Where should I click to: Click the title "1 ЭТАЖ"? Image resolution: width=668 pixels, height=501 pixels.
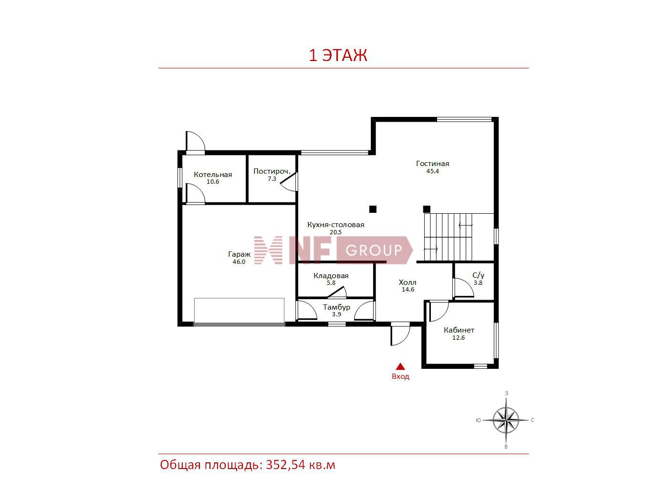[x=338, y=55]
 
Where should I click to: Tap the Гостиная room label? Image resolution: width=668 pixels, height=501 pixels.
[x=432, y=164]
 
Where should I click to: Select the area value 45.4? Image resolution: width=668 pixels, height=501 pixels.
[x=432, y=171]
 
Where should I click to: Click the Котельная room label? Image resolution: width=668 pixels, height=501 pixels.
[x=213, y=175]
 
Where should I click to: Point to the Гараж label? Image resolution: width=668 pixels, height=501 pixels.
[x=239, y=254]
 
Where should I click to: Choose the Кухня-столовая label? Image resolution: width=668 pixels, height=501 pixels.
[x=336, y=225]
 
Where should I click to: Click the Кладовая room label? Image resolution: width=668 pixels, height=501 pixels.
[x=331, y=276]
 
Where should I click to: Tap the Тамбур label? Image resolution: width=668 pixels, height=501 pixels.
[x=336, y=307]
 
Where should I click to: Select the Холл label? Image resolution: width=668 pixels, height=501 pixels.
[x=407, y=282]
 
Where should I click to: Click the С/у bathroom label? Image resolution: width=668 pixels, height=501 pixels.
[x=478, y=275]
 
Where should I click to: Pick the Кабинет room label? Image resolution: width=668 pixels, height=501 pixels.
[x=459, y=330]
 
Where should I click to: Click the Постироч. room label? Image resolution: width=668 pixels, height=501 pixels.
[x=272, y=171]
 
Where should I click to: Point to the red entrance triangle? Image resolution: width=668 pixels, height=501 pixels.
[x=400, y=366]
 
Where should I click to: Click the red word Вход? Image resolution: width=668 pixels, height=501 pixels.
[x=400, y=376]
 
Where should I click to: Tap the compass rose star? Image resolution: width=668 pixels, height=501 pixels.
[x=506, y=420]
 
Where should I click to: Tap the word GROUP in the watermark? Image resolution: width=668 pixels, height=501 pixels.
[x=374, y=250]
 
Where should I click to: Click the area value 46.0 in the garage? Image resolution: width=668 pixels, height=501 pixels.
[x=239, y=262]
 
